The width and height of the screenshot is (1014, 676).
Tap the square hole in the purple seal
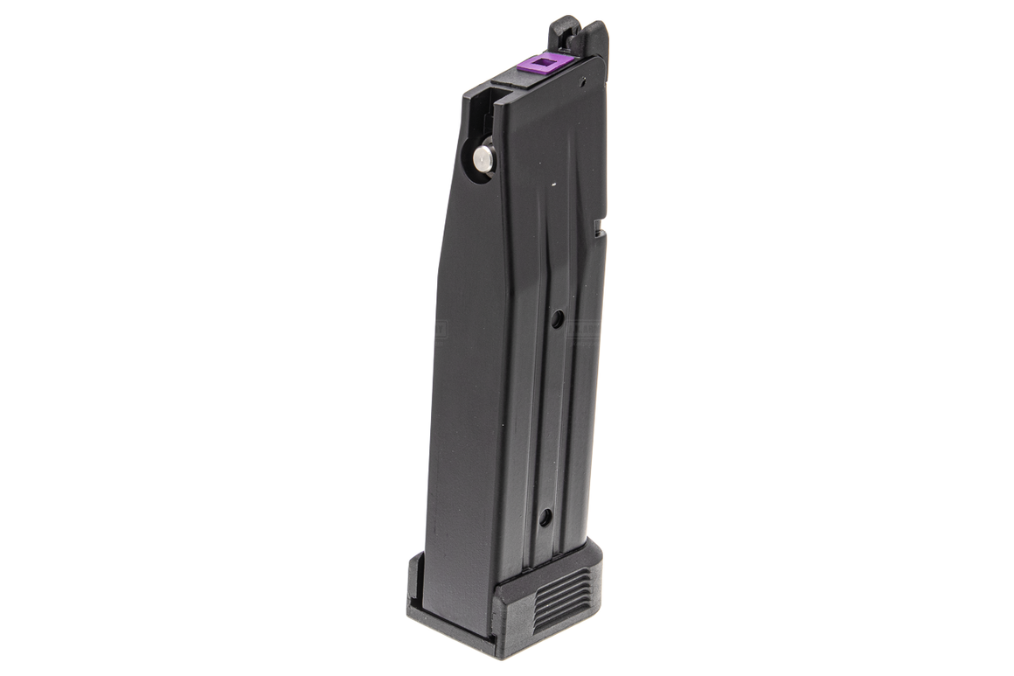coord(546,61)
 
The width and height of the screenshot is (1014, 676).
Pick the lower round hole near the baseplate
coord(545,517)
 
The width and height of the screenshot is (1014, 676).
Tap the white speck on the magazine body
coord(554,185)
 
